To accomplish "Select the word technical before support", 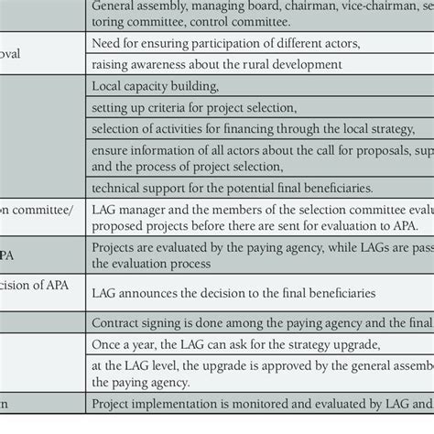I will pos(117,187).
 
